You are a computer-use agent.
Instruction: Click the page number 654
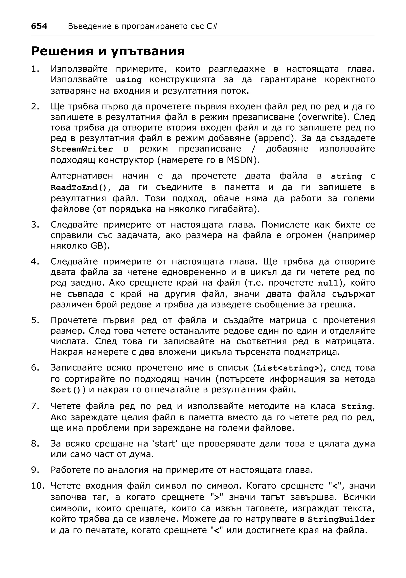tap(39, 26)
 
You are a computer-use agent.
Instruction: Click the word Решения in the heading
tap(62, 51)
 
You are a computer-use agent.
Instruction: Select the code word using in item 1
tap(128, 80)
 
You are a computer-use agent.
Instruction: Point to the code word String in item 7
tap(356, 407)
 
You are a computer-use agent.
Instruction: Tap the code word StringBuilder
tap(341, 519)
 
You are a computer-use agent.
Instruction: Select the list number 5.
tap(35, 321)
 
